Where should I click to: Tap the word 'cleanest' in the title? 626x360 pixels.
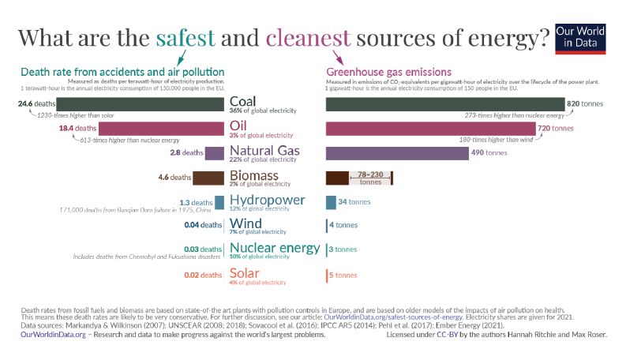309,36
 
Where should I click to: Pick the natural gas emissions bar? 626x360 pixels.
397,152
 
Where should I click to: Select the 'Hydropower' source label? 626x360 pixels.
266,200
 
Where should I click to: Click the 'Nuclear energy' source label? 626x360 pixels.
275,248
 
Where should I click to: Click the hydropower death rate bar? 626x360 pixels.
219,202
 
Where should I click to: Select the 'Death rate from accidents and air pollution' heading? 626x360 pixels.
122,73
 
